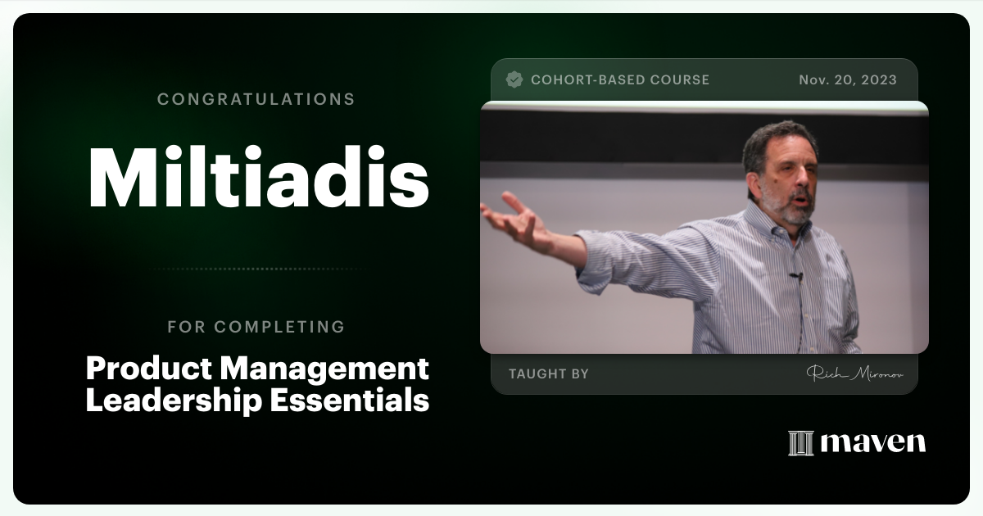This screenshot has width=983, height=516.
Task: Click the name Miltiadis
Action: (x=258, y=179)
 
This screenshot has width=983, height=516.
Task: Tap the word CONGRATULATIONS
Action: (x=256, y=99)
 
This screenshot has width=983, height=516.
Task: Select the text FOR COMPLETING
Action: (x=256, y=327)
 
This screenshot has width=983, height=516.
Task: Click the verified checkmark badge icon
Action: (x=514, y=79)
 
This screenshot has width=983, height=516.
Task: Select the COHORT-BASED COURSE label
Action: (x=620, y=79)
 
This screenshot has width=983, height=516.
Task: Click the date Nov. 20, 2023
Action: (x=848, y=79)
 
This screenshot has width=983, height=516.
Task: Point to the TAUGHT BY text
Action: (x=549, y=373)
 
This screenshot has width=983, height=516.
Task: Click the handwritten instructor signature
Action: (x=855, y=373)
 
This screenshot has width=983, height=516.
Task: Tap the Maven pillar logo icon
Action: (x=800, y=443)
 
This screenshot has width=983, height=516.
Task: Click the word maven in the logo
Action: (x=873, y=443)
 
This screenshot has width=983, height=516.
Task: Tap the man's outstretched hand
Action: (x=514, y=219)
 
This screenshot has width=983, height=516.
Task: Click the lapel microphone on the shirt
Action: (x=795, y=276)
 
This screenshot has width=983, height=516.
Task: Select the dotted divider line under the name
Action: (x=256, y=269)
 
